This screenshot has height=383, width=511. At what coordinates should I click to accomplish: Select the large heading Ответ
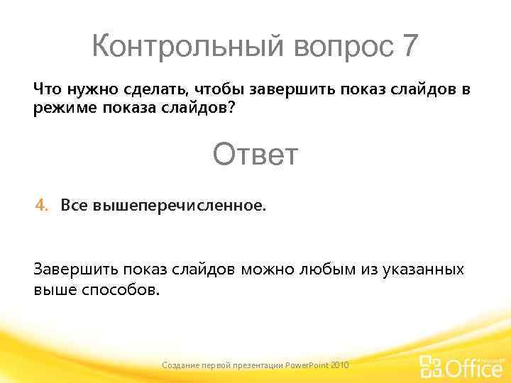(255, 154)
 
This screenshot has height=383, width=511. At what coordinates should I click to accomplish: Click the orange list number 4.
(42, 206)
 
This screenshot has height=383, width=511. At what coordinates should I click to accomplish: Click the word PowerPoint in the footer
(306, 365)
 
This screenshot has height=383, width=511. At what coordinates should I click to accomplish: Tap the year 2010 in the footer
(340, 365)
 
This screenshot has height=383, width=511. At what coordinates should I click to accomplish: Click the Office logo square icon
(430, 366)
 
